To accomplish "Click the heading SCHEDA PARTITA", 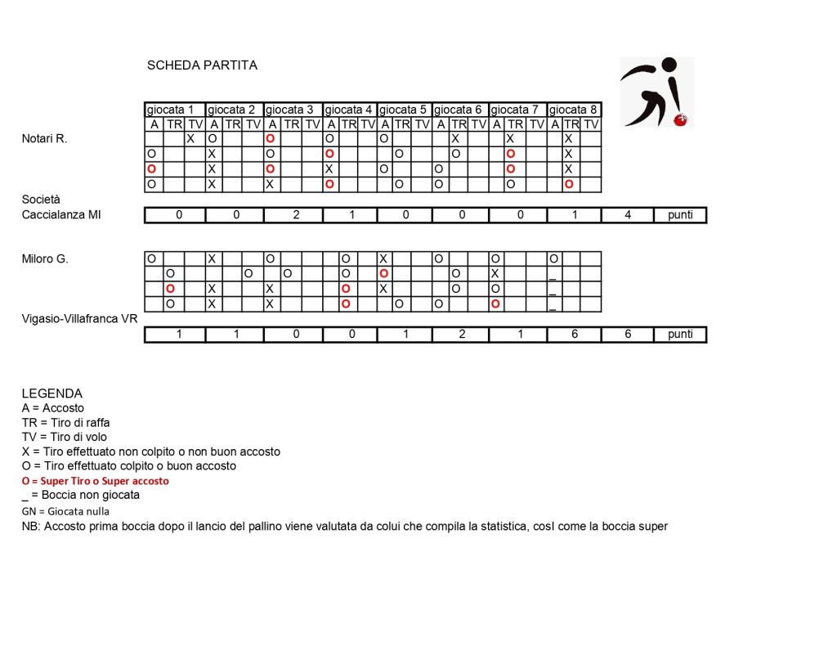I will [202, 65].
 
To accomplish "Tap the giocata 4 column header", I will [350, 110].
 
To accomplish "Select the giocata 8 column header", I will [574, 110].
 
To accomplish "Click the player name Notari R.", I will [44, 139].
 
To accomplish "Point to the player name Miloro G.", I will [45, 258].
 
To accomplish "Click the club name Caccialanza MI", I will [61, 215].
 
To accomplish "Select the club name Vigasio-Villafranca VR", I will [79, 318].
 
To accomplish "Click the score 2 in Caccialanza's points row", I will [293, 215].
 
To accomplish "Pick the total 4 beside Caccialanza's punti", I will [627, 215].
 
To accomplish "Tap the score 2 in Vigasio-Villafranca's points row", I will [461, 335].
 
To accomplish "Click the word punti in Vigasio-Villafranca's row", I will [679, 335].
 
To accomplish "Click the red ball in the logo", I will [679, 120].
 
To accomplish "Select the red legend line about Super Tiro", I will [95, 481].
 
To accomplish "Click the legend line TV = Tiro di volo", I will [64, 437].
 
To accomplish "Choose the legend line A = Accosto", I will [52, 408].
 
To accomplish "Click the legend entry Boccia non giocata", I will [81, 495].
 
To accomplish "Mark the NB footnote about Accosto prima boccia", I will [344, 526].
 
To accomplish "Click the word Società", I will [41, 200].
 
